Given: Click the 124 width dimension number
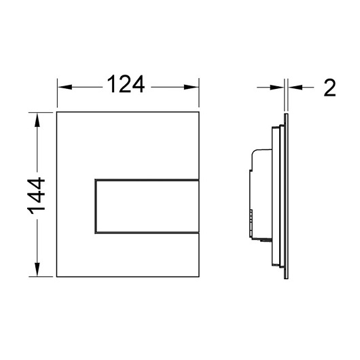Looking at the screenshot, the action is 126,84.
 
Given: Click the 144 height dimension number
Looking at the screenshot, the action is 36,196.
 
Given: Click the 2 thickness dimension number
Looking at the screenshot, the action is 329,88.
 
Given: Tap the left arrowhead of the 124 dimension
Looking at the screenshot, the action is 65,87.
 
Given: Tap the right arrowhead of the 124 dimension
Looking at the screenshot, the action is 192,87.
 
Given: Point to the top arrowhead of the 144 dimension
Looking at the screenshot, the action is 37,120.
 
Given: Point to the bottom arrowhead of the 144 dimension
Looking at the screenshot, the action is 37,270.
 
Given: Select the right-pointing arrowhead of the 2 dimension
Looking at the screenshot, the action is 277,87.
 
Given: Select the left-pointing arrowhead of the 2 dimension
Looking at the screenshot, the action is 295,87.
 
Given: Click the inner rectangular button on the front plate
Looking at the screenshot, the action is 147,206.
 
